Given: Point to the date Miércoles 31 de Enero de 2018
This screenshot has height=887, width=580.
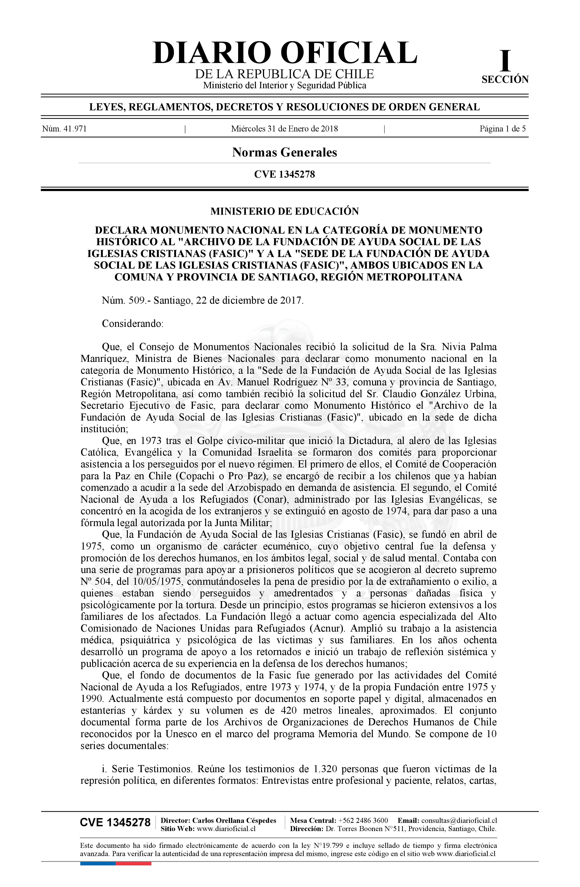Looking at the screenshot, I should (x=284, y=129).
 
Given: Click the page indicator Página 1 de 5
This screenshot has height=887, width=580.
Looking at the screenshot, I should (x=502, y=129).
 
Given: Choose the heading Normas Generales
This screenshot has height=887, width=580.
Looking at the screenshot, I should (x=284, y=152).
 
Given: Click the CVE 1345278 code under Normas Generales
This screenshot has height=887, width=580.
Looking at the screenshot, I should (x=284, y=174).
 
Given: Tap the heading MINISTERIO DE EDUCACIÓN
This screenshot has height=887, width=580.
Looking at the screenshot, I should (x=284, y=211).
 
